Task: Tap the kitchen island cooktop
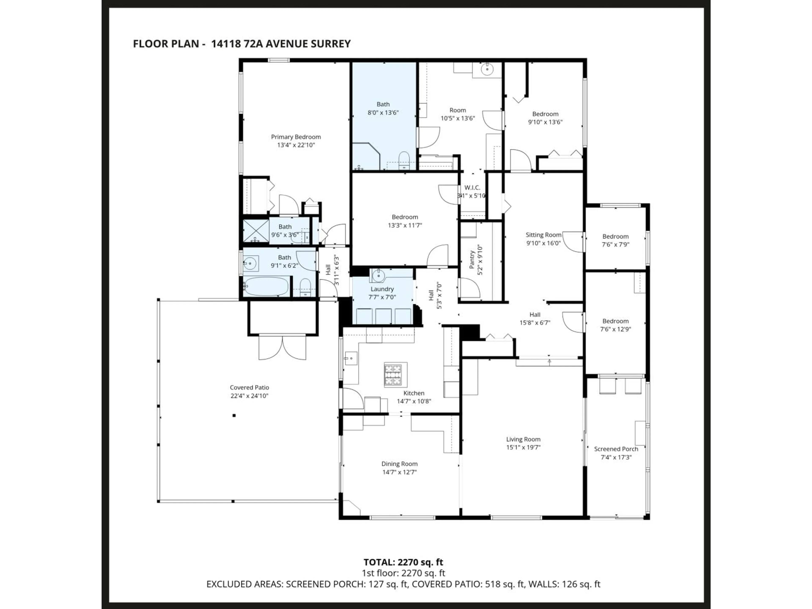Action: pyautogui.click(x=395, y=374)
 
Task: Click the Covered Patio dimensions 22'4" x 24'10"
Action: pyautogui.click(x=249, y=396)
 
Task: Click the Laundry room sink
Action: pyautogui.click(x=378, y=275)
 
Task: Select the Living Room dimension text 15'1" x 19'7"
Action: pyautogui.click(x=523, y=447)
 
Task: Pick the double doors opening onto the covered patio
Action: pyautogui.click(x=282, y=347)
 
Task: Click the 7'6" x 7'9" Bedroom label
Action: pyautogui.click(x=615, y=236)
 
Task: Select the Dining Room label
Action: pyautogui.click(x=399, y=464)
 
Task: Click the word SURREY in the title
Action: pyautogui.click(x=330, y=44)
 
